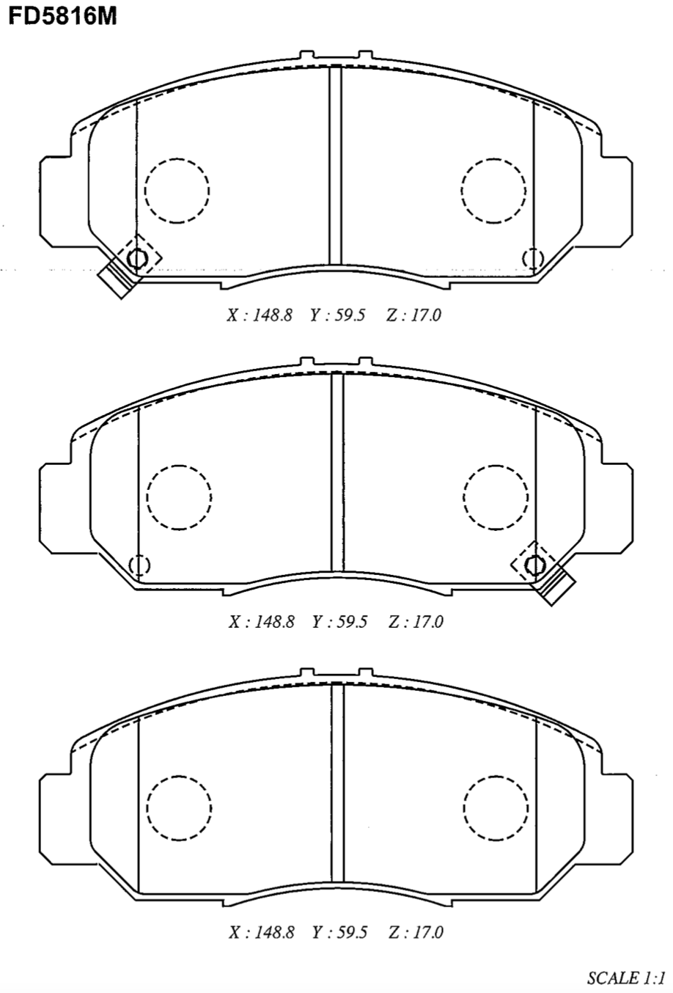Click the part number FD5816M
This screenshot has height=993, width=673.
63,16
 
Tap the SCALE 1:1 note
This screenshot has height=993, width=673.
626,977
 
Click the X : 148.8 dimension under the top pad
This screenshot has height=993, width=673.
260,315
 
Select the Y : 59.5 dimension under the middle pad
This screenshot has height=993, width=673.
339,622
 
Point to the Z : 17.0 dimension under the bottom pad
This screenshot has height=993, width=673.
416,932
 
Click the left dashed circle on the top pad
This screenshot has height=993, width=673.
177,190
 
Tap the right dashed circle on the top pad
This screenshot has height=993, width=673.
493,190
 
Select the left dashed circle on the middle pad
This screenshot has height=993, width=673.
179,497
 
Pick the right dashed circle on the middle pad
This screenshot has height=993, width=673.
496,497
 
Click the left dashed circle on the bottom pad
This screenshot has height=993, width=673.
179,807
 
